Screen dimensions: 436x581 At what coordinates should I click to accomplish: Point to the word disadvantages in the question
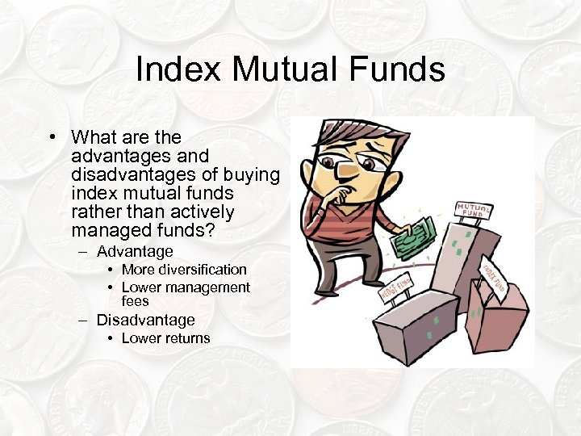pos(129,175)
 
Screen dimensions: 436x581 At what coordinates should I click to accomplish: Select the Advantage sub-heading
pos(136,252)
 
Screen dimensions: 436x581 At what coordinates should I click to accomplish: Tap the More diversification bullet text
pos(184,270)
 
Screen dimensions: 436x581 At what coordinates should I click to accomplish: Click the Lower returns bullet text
pos(165,338)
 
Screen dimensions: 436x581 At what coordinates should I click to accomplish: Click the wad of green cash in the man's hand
pos(415,235)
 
